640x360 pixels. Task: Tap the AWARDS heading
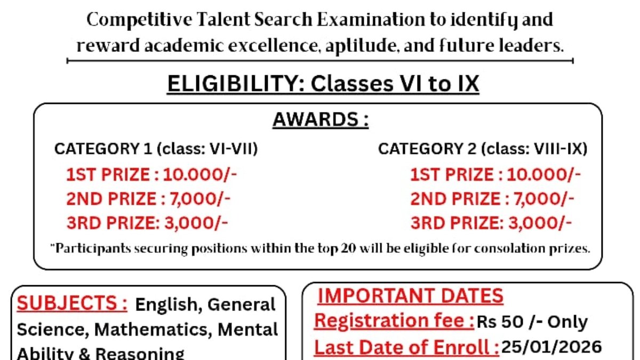click(x=321, y=119)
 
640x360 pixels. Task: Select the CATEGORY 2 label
click(x=427, y=149)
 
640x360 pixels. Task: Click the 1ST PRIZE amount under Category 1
click(x=200, y=175)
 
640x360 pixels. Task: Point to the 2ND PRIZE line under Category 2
click(x=492, y=199)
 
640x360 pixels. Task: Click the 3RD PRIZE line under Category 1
click(x=147, y=222)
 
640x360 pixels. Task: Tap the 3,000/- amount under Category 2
click(x=540, y=222)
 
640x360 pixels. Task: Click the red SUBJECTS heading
click(x=72, y=304)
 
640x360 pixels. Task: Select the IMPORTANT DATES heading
click(x=411, y=296)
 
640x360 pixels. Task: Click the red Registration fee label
click(x=394, y=321)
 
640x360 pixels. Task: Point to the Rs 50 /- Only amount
click(x=532, y=322)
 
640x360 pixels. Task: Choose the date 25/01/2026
click(x=551, y=347)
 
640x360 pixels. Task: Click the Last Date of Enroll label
click(x=406, y=347)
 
